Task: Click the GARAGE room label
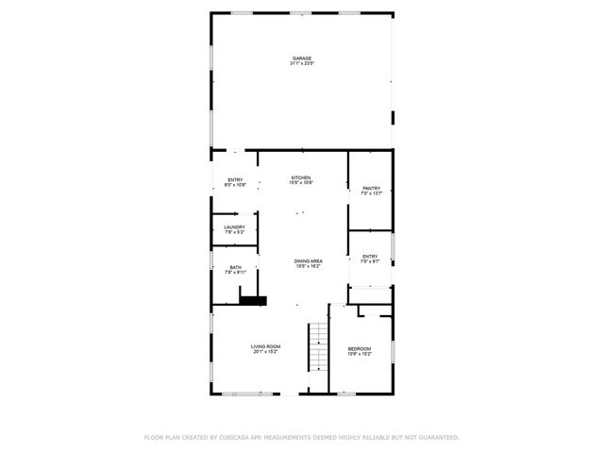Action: tap(301, 59)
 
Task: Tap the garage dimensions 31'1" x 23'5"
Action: tap(301, 64)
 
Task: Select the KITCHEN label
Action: tap(301, 177)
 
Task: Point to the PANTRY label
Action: tap(371, 188)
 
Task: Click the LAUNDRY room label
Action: tap(235, 227)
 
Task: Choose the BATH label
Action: tap(235, 267)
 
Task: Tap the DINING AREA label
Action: tap(308, 261)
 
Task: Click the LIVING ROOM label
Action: tap(265, 346)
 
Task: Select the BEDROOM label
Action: tap(360, 348)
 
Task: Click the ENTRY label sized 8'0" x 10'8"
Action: tap(235, 179)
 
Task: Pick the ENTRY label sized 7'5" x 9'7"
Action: tap(370, 256)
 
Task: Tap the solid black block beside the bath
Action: tap(253, 301)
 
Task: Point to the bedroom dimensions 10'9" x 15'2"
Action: tap(360, 354)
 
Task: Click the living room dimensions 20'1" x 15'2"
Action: tap(265, 352)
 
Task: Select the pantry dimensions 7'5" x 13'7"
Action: tap(371, 193)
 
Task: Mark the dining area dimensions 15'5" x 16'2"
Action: tap(308, 267)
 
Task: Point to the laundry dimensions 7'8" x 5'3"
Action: tap(235, 233)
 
